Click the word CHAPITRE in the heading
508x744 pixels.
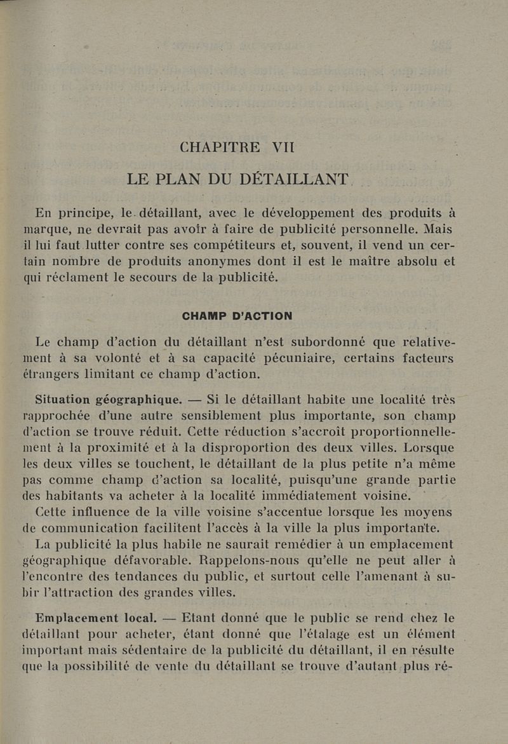tap(220, 147)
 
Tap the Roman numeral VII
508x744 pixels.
tap(283, 147)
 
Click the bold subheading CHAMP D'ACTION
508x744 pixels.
tap(237, 316)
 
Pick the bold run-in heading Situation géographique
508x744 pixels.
tap(109, 400)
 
